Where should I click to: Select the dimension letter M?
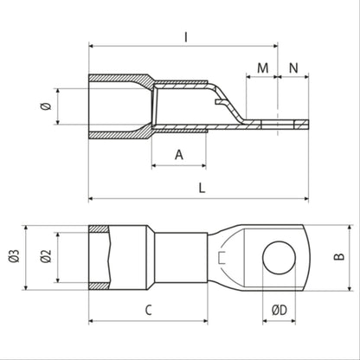pos(262,66)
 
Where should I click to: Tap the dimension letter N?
pos(293,66)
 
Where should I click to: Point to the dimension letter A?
pos(179,155)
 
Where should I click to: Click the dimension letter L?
pos(201,187)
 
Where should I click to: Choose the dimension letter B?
pos(338,257)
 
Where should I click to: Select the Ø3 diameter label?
pos(13,257)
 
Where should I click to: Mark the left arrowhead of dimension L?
pos(91,198)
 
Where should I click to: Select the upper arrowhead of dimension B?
pos(326,228)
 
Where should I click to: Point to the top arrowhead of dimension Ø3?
pos(25,228)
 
